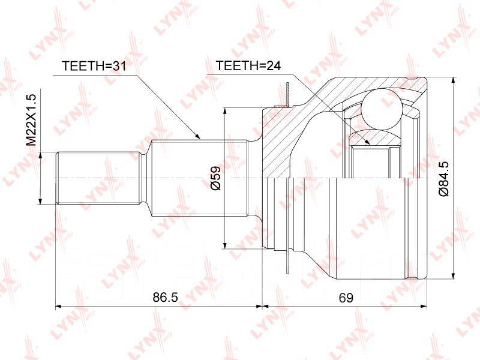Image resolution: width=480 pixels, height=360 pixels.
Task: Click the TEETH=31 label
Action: pyautogui.click(x=94, y=66)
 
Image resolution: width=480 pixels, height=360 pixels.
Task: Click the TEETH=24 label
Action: pyautogui.click(x=248, y=65)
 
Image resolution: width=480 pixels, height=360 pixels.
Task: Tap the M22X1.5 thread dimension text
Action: pyautogui.click(x=31, y=119)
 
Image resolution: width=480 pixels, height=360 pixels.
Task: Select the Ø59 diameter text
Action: pyautogui.click(x=215, y=178)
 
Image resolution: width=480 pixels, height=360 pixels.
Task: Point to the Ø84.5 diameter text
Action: pyautogui.click(x=443, y=179)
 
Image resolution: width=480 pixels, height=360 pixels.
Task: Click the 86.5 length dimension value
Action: pyautogui.click(x=166, y=297)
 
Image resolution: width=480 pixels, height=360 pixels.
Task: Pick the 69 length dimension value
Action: pyautogui.click(x=346, y=297)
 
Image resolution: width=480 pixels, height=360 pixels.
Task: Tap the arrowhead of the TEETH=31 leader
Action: pyautogui.click(x=197, y=136)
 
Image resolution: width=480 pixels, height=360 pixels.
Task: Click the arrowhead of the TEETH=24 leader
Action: pyautogui.click(x=367, y=142)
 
